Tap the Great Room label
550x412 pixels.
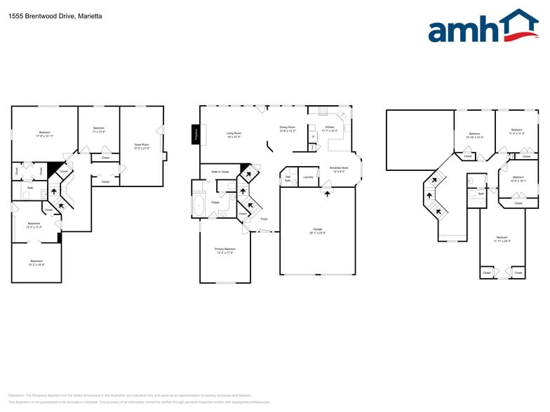[x=142, y=146]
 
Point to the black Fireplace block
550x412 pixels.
[x=196, y=135]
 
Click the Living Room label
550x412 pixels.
[x=234, y=135]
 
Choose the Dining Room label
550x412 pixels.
[x=288, y=129]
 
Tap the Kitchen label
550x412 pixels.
[x=330, y=129]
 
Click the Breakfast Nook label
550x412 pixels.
[x=340, y=170]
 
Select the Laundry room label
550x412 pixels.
[x=308, y=177]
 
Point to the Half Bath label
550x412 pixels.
[x=288, y=179]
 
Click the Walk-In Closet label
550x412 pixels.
[x=220, y=172]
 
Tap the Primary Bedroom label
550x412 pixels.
[x=225, y=250]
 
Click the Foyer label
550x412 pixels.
[x=264, y=219]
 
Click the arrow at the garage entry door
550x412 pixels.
[x=327, y=193]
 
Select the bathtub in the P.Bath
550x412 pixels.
[x=199, y=207]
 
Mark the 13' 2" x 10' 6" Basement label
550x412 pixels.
[x=36, y=263]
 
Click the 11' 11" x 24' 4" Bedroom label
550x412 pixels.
[x=502, y=239]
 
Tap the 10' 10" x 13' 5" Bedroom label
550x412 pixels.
[x=475, y=135]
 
